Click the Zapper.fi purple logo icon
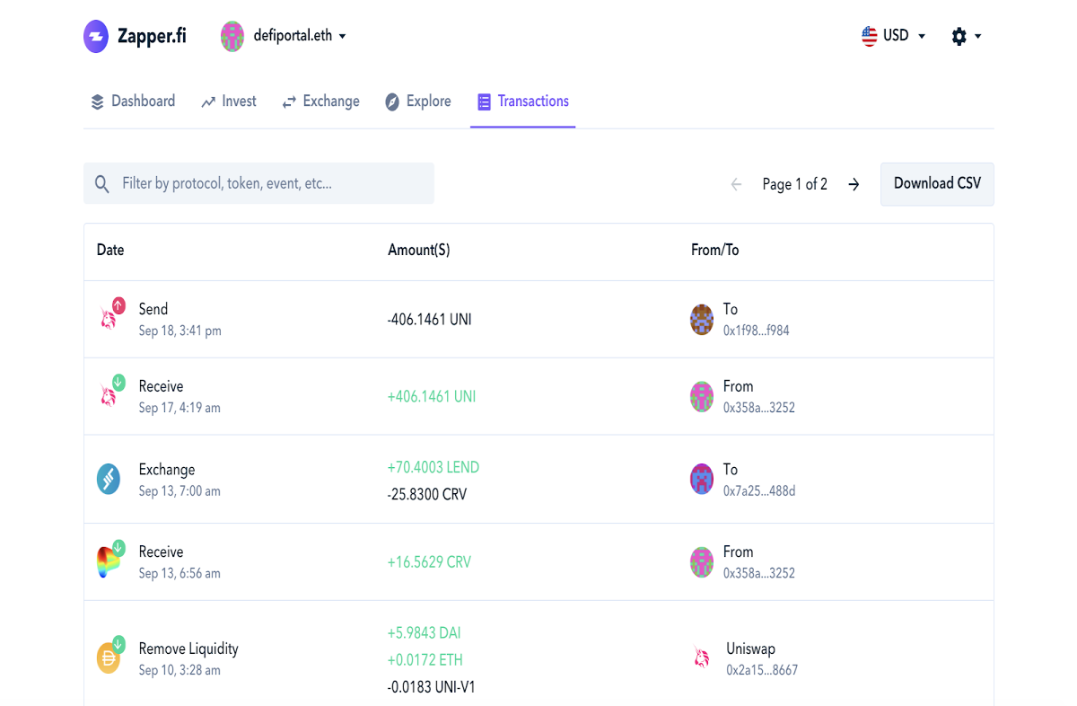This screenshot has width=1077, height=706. coord(96,36)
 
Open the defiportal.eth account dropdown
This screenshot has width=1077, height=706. coord(284,36)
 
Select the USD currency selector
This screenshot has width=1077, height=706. coord(893,36)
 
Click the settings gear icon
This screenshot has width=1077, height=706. coord(959,36)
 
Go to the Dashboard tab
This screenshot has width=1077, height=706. coord(133,101)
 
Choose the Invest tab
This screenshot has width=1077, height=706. coord(229,101)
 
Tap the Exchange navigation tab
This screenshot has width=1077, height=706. coord(320,101)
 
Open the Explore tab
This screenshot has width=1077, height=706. coord(418,101)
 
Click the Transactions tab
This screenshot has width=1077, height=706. coord(523,101)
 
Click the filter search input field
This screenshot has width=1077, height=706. coord(258,183)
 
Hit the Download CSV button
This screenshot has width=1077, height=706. coord(937,184)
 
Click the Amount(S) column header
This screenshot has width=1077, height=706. coord(419,250)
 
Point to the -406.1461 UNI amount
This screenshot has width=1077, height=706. coord(429,320)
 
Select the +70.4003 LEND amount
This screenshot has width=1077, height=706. coord(433,467)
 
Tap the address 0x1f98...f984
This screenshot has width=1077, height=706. coord(757,331)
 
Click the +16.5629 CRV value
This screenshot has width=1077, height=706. coord(429,562)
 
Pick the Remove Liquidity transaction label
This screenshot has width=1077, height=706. coord(188,649)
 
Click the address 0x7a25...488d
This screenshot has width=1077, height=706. coord(759,491)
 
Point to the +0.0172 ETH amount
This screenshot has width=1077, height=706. coord(425,660)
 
